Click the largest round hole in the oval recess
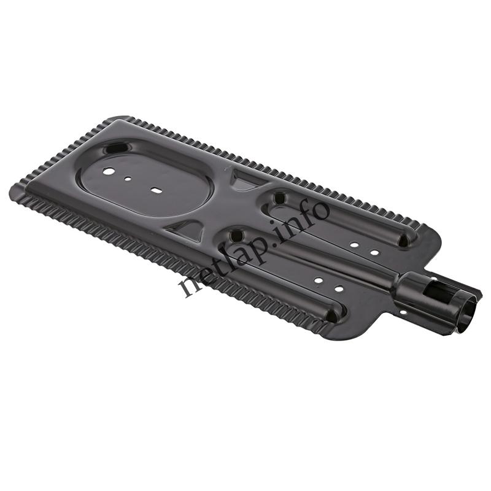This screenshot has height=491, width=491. tap(108, 171)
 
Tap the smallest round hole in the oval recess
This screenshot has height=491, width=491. tap(128, 179)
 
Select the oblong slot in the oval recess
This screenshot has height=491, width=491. tap(155, 190)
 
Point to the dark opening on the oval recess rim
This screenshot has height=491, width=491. tap(118, 147)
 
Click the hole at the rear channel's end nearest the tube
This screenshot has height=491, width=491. tap(403, 241)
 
